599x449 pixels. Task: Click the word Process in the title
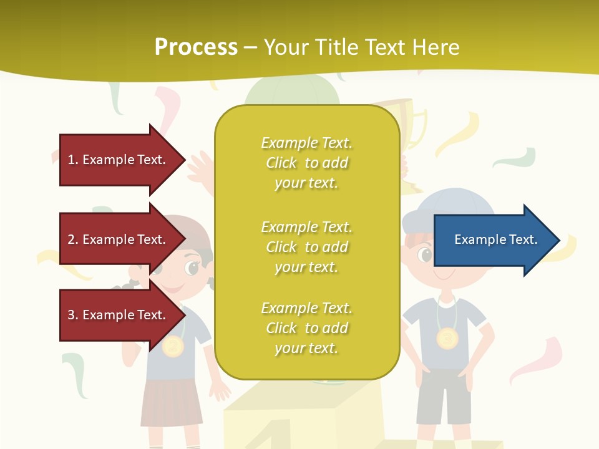(x=196, y=47)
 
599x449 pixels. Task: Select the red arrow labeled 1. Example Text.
(x=119, y=160)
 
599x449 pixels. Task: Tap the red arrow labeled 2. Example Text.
(x=119, y=239)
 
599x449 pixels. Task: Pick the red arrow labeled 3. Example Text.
(x=119, y=315)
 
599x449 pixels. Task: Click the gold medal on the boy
(x=447, y=339)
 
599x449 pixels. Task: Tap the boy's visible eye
(x=426, y=254)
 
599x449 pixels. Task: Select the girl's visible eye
(x=192, y=268)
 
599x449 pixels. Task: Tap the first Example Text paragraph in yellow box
(x=306, y=163)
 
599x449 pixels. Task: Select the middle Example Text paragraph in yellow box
(x=306, y=247)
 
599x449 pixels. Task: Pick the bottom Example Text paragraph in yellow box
(x=306, y=328)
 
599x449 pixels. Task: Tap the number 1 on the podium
(x=275, y=433)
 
